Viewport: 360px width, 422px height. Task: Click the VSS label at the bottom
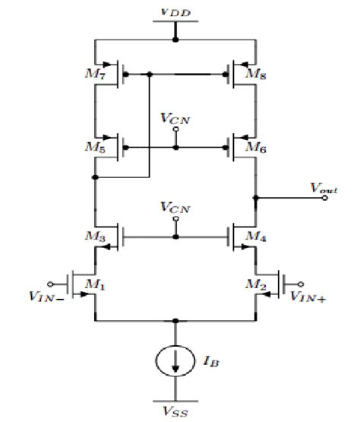click(x=175, y=411)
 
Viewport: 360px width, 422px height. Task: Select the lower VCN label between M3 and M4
click(x=176, y=207)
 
